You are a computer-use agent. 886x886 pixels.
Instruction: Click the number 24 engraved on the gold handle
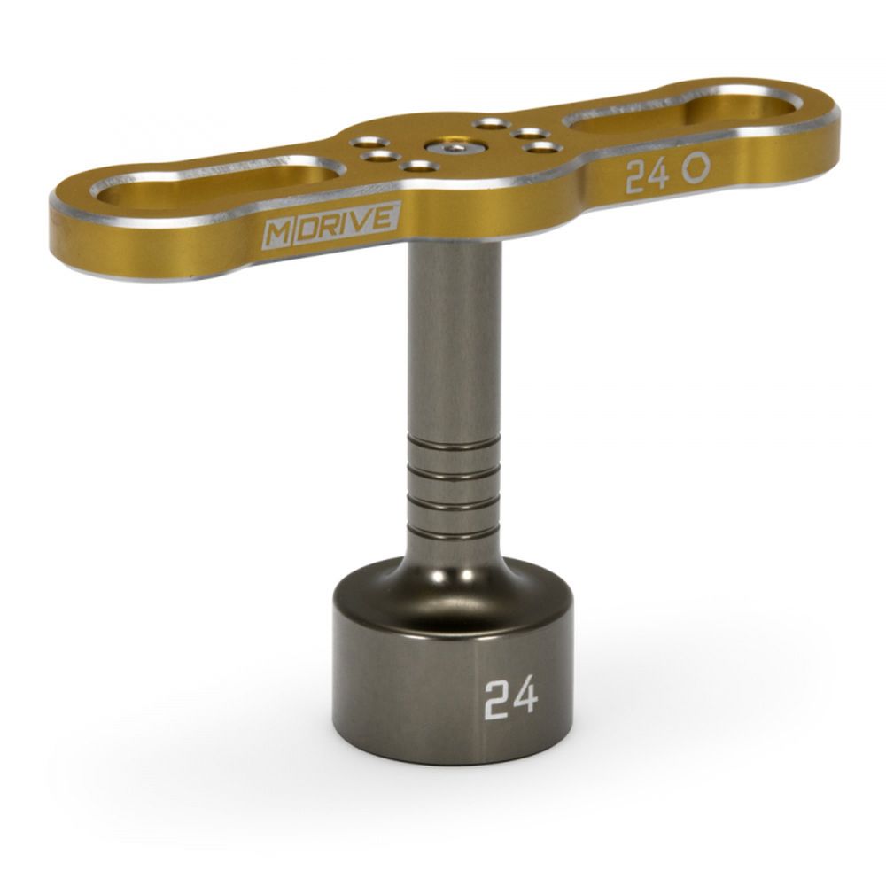tap(648, 176)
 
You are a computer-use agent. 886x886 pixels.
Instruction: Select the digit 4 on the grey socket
tap(525, 697)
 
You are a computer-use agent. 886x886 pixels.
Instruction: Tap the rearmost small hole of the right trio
tap(490, 123)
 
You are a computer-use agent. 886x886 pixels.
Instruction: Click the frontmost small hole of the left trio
tap(419, 166)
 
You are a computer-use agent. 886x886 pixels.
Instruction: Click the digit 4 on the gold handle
tap(659, 175)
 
